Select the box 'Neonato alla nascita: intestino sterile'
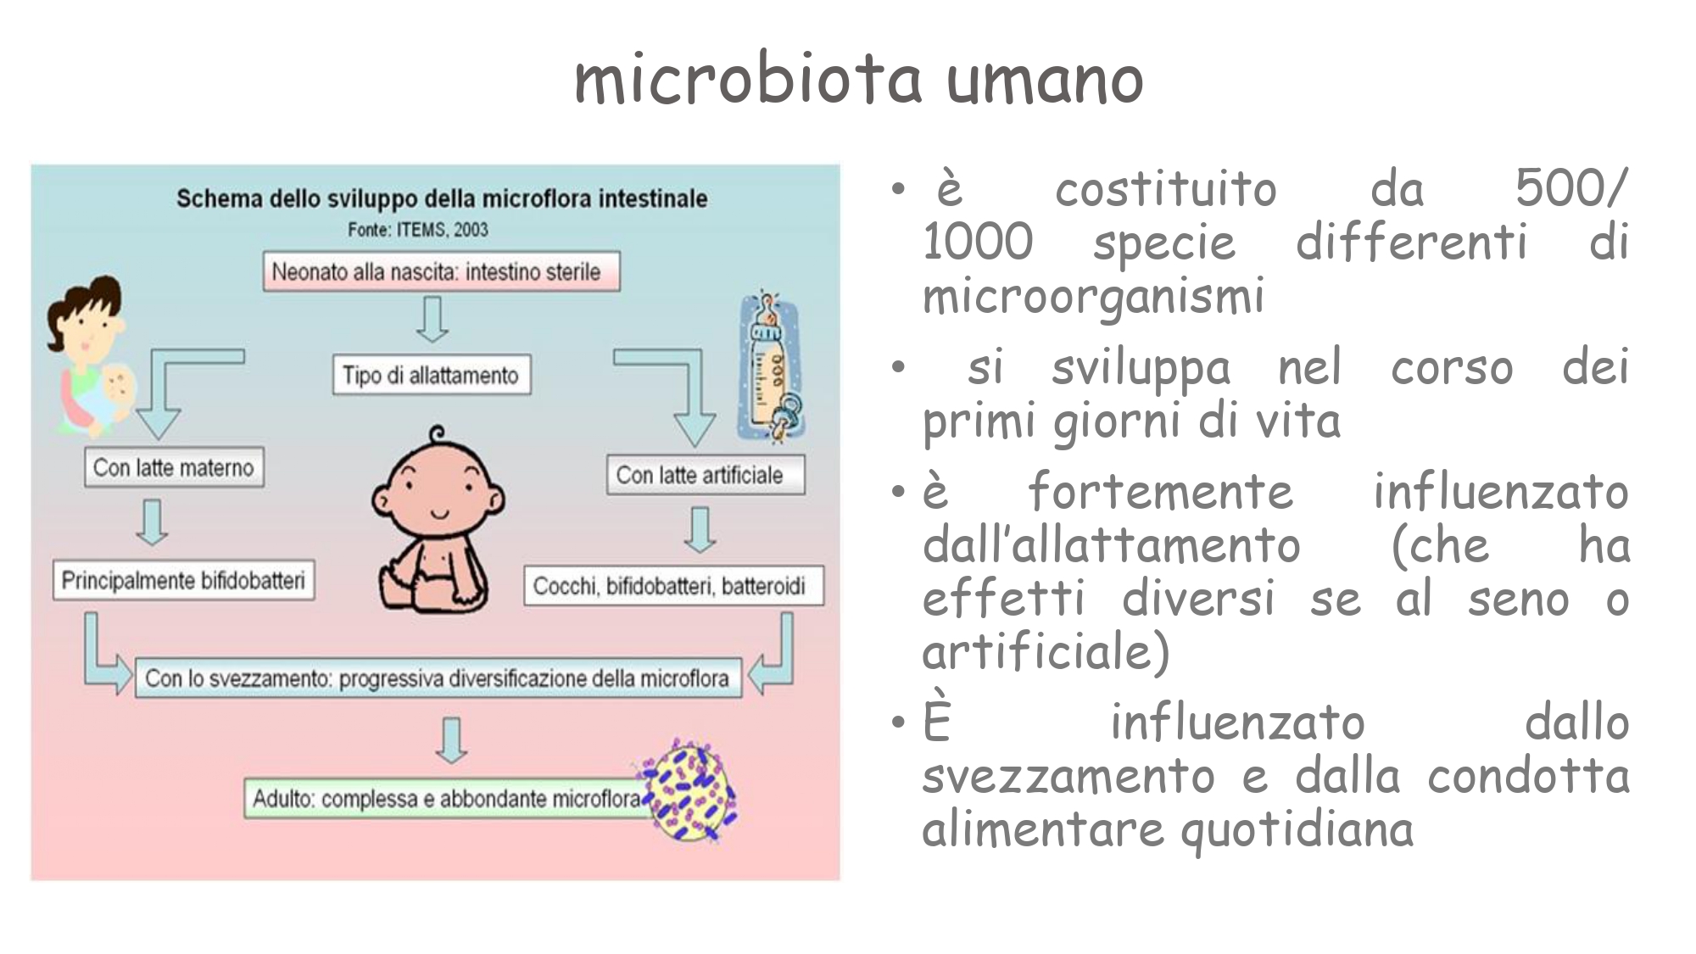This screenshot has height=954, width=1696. [441, 271]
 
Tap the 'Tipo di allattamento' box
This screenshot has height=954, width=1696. [432, 375]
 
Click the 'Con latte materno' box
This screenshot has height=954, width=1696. [174, 467]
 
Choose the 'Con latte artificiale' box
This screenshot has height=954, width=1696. [706, 475]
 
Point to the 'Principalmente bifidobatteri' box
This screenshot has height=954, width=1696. [183, 580]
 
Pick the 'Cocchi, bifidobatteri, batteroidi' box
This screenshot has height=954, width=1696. [674, 585]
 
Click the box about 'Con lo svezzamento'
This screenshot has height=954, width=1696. [438, 678]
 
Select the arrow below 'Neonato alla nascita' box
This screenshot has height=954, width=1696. [432, 319]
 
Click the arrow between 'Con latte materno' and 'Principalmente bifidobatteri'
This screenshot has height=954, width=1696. [152, 522]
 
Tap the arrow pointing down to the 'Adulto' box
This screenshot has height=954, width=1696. [452, 739]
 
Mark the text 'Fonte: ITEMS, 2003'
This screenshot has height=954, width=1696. [418, 229]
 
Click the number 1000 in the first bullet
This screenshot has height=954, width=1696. [978, 242]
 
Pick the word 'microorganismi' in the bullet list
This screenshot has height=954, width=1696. [1093, 296]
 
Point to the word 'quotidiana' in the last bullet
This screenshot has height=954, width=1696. [1297, 829]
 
